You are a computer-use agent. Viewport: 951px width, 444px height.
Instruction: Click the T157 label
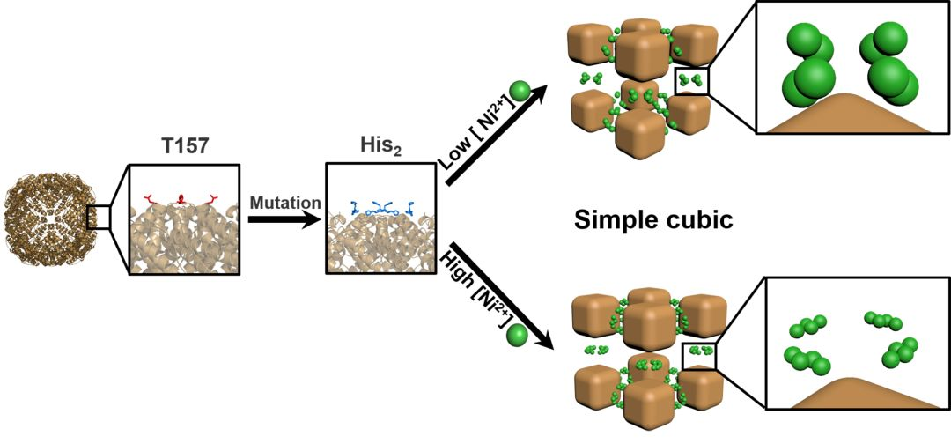click(183, 145)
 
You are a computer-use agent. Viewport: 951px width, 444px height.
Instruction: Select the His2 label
click(369, 145)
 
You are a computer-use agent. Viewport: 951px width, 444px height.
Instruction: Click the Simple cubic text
click(652, 219)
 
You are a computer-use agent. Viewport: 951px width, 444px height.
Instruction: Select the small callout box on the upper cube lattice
click(692, 80)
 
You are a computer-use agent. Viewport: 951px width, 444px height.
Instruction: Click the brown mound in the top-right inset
click(847, 115)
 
